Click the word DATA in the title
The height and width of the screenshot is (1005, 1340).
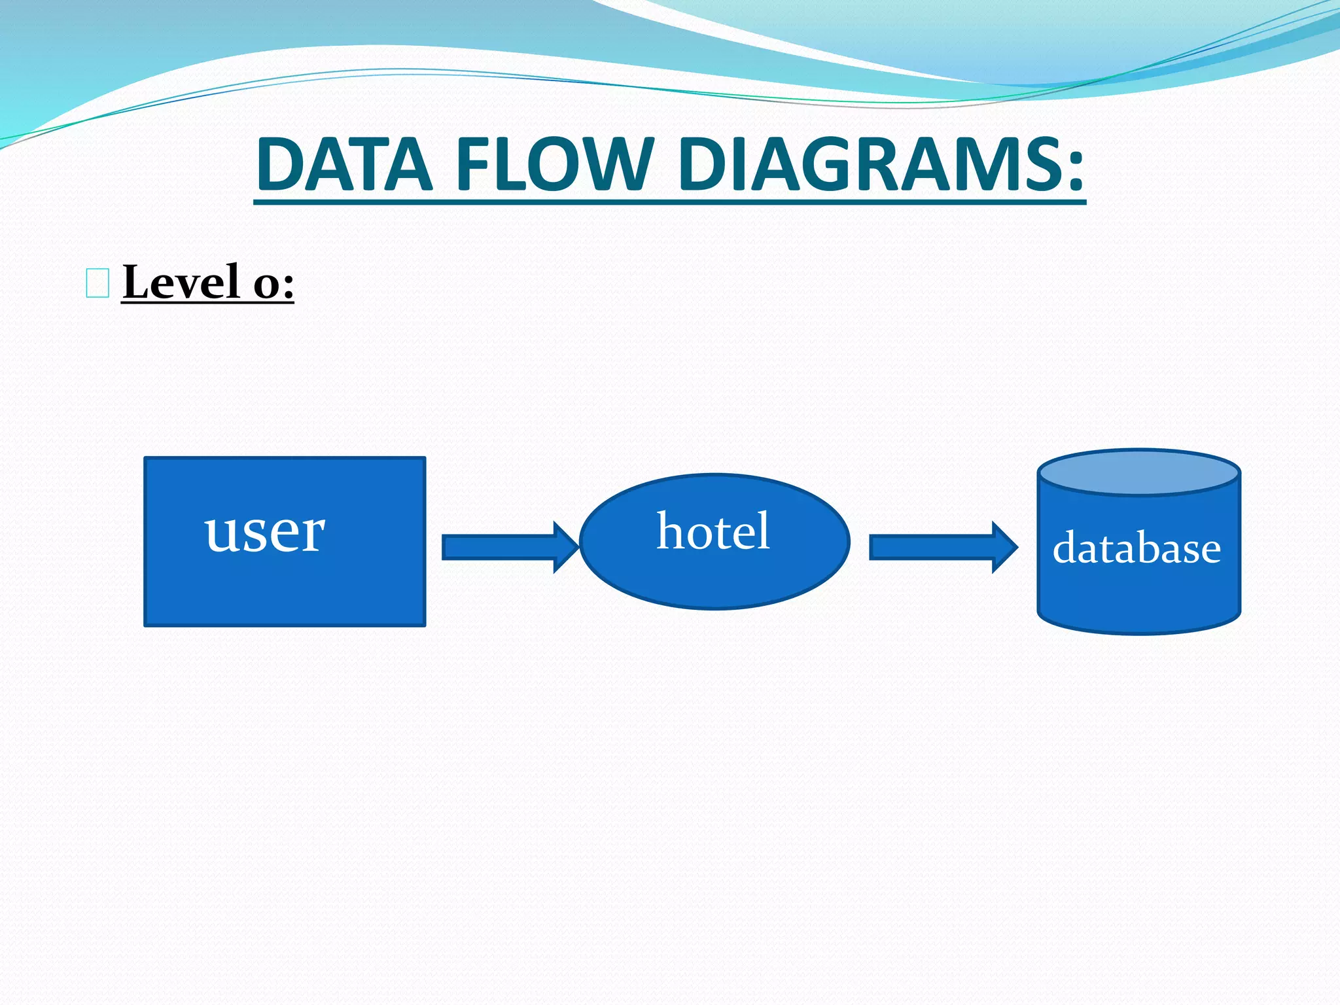coord(344,164)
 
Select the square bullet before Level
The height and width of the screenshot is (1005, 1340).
coord(97,283)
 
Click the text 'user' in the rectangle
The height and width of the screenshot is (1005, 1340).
coord(264,532)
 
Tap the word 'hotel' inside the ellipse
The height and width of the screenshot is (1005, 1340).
coord(713,531)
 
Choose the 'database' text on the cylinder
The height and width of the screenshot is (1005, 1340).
coord(1137,548)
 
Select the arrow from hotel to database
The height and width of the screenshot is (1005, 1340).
coord(936,547)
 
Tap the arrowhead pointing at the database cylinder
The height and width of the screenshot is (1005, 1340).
coord(1008,547)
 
